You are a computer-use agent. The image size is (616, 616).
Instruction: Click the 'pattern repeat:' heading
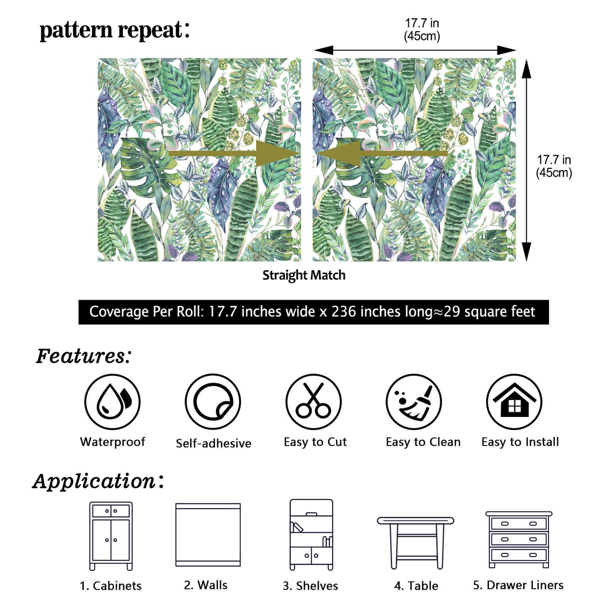pos(114,31)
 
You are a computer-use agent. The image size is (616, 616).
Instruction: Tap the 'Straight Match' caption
pos(304,275)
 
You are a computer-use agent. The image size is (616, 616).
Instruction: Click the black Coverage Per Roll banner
pos(313,312)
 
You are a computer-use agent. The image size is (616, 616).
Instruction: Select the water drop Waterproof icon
pos(112,402)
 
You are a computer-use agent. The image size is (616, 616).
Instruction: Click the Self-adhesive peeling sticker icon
pos(213,402)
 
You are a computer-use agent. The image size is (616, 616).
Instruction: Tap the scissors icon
pos(313,402)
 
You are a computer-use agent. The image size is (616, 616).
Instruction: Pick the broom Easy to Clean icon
pos(414,402)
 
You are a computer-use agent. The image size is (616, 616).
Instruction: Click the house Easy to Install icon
pos(514,402)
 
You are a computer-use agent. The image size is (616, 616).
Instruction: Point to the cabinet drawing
pos(111,536)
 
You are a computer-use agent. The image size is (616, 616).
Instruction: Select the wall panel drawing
pos(208,535)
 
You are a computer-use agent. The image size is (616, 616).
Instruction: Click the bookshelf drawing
pos(311,535)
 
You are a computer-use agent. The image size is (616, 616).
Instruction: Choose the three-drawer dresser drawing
pos(518,539)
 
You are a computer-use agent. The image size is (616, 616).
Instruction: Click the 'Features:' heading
pos(84,356)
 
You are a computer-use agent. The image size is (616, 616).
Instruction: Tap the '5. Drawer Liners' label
pos(518,585)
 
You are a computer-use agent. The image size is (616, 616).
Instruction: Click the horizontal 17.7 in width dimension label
pos(422,29)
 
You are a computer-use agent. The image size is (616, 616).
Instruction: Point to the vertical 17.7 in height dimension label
pos(554,166)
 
